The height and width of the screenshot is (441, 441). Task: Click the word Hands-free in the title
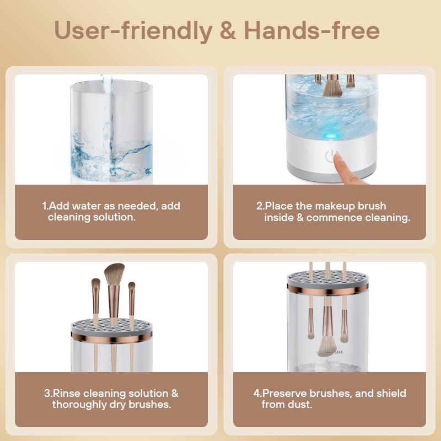(312, 30)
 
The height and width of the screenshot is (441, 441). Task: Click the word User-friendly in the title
(133, 31)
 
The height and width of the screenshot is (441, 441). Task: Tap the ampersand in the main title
(228, 30)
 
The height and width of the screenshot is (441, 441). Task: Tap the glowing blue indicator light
(331, 136)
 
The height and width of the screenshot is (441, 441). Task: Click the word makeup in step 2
(335, 206)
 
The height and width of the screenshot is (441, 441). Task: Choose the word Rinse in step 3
(67, 393)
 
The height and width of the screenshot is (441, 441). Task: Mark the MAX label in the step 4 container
(339, 352)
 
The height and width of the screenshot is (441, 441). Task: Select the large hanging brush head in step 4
(327, 346)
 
